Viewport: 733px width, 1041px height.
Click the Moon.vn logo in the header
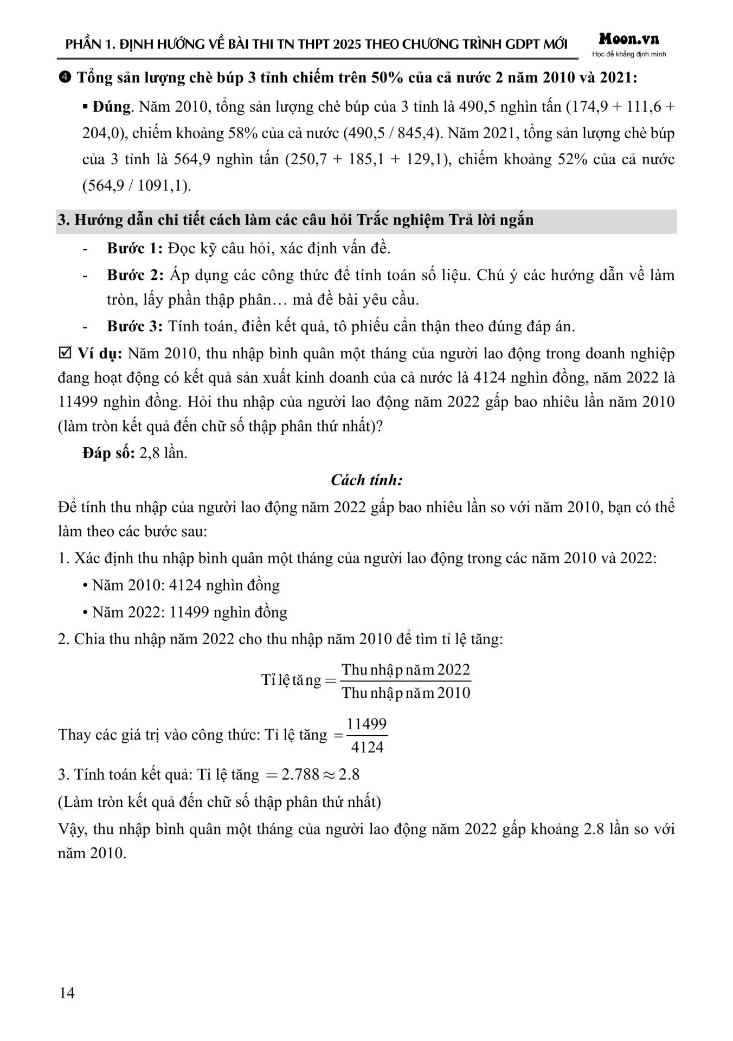click(629, 40)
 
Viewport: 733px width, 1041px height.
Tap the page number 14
click(67, 993)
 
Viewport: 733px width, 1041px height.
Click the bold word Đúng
click(112, 107)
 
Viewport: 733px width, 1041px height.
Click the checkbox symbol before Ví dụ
click(65, 354)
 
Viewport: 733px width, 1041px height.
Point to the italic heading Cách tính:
click(366, 480)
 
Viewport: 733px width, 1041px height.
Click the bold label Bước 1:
click(134, 248)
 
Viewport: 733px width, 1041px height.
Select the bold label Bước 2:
click(135, 275)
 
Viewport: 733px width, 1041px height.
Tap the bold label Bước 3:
click(134, 326)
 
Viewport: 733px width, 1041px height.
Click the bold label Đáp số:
click(108, 453)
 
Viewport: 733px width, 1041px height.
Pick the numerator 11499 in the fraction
click(367, 724)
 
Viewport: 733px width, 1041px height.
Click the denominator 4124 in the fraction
click(367, 747)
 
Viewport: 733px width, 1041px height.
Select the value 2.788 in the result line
click(300, 774)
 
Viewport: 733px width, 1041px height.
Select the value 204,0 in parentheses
click(100, 133)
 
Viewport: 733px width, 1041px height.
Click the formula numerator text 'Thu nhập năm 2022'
click(406, 670)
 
